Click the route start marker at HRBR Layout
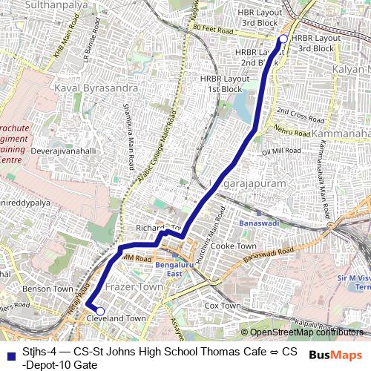(283, 39)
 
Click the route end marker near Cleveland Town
(100, 311)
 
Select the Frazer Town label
(134, 286)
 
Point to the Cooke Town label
(233, 246)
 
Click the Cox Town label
(222, 305)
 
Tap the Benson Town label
(47, 288)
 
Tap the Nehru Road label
(290, 133)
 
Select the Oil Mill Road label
(282, 151)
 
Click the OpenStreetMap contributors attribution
(304, 332)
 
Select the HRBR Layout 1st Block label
(223, 84)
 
